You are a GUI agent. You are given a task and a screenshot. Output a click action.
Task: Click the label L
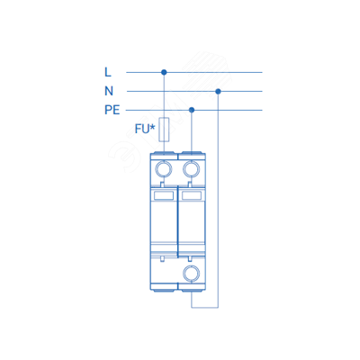108,72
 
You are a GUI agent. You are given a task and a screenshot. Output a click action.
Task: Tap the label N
109,91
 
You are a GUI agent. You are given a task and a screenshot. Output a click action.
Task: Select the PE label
112,110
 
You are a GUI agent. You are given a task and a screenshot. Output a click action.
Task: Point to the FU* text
145,129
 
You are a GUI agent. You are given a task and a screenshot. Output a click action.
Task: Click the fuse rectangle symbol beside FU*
164,130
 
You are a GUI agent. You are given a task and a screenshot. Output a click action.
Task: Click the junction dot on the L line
164,72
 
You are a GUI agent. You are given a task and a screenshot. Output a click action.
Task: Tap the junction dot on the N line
218,91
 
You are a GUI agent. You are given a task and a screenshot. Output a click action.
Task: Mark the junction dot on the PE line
192,110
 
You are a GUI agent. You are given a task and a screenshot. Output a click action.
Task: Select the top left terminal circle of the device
164,169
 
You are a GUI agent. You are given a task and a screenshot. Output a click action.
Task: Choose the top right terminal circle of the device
192,169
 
